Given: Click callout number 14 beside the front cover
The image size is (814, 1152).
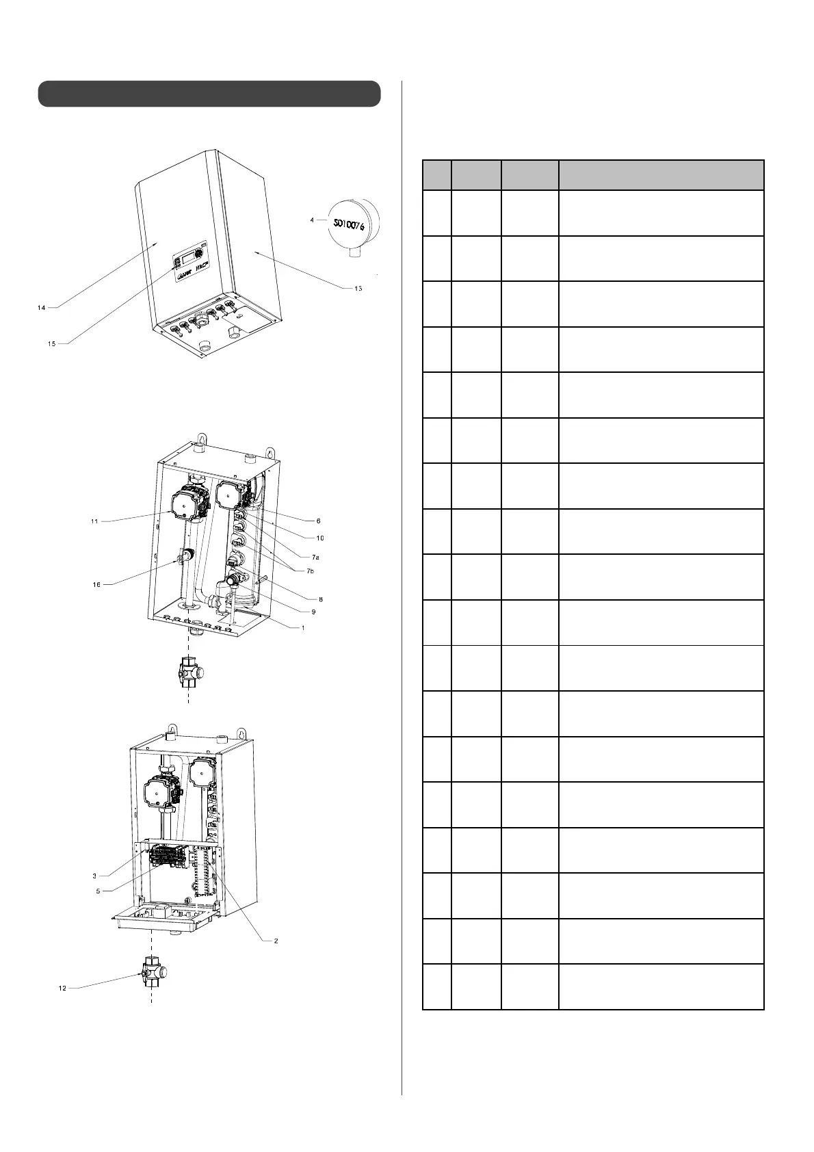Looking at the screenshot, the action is click(x=42, y=308).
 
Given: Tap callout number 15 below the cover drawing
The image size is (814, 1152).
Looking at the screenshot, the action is click(x=51, y=344).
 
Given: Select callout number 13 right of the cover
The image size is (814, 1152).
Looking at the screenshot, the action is click(x=358, y=288).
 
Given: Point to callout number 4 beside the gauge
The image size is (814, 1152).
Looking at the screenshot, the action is click(x=312, y=220).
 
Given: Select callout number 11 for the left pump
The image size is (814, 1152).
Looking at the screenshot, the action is click(x=94, y=521).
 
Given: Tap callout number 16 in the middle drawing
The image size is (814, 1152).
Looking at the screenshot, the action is click(x=96, y=585).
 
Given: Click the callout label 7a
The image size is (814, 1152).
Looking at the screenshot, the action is click(x=315, y=557).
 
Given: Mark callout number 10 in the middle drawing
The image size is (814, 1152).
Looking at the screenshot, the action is click(x=319, y=538).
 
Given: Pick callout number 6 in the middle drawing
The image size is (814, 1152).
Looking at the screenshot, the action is click(x=318, y=521).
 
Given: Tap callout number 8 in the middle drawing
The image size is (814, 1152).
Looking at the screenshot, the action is click(x=320, y=599).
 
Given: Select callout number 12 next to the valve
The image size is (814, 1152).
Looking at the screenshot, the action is click(x=62, y=988).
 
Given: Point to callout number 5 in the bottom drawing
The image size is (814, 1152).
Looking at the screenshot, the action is click(x=99, y=891).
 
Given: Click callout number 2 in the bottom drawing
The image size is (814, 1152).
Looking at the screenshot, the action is click(x=276, y=941).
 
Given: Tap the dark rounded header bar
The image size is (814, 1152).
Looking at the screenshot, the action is click(x=209, y=94).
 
